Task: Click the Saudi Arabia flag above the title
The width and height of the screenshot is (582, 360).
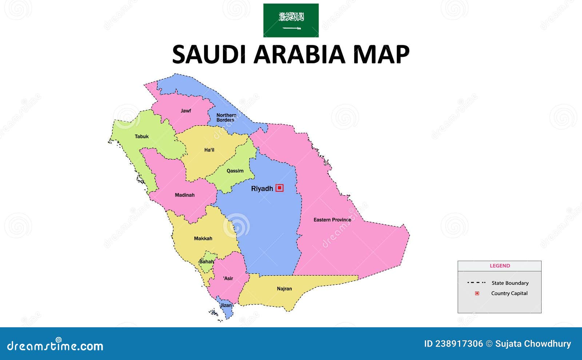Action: (x=291, y=20)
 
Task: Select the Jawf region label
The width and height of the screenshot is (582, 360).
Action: (x=186, y=111)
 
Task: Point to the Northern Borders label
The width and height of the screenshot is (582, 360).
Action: (x=226, y=117)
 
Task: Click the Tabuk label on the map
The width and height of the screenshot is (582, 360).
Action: (x=141, y=136)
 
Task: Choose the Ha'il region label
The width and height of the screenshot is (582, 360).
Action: (x=209, y=150)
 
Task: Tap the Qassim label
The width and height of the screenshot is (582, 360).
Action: (x=235, y=171)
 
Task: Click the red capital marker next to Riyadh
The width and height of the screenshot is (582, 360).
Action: (x=279, y=188)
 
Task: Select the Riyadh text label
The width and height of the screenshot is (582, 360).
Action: (x=262, y=188)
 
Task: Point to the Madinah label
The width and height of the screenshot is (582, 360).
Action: (x=184, y=195)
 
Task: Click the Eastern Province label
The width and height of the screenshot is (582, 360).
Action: (x=332, y=220)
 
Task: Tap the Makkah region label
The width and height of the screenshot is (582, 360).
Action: (x=203, y=239)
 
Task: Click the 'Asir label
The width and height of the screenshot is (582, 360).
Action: (x=228, y=278)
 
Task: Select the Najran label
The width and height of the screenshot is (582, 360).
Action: (x=284, y=289)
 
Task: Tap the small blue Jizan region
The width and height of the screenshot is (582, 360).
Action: (x=226, y=307)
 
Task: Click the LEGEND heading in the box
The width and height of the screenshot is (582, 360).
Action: (x=499, y=266)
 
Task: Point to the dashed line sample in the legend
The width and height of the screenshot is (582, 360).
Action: (x=476, y=283)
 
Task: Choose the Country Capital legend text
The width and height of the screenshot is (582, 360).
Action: (x=509, y=293)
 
